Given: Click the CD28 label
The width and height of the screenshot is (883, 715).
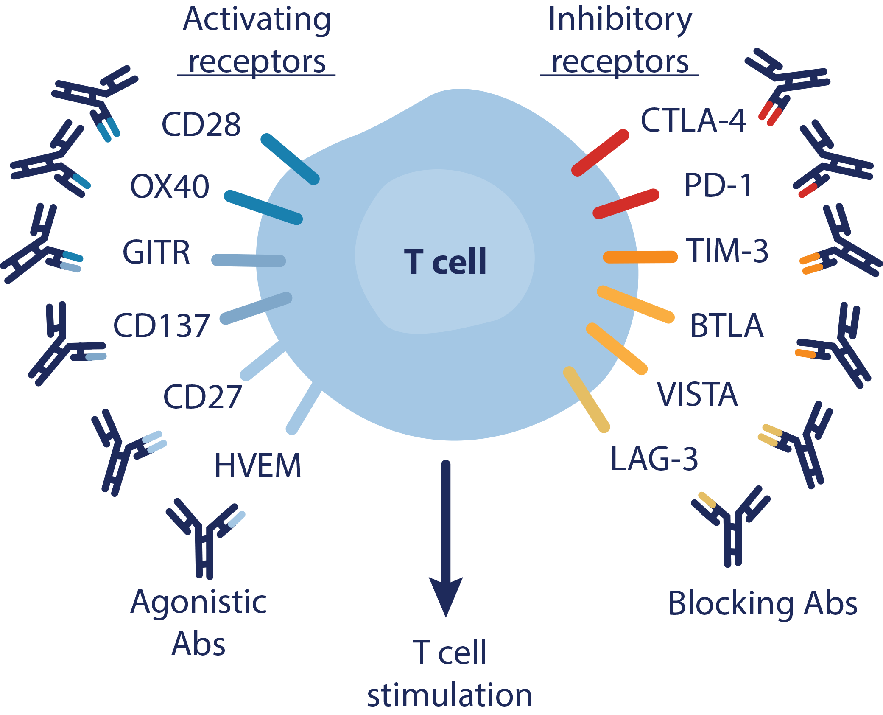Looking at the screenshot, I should click(x=201, y=125).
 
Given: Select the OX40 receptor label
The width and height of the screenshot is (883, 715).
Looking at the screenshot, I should click(x=170, y=187).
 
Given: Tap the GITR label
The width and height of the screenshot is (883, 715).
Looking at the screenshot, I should click(x=156, y=252).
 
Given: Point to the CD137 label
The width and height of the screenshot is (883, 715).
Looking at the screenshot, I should click(x=161, y=326).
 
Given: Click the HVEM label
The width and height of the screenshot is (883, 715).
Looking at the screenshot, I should click(x=258, y=466).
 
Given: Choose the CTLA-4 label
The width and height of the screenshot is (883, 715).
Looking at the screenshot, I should click(x=693, y=121).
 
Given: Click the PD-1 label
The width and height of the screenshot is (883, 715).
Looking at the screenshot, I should click(x=718, y=185).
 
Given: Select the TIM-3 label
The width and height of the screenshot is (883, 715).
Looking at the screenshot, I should click(x=727, y=251).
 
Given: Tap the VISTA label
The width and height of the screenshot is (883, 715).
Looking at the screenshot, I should click(x=697, y=395).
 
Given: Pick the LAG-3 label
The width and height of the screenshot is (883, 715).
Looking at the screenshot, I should click(x=654, y=460).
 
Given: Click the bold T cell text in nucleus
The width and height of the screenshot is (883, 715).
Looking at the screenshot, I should click(x=445, y=262).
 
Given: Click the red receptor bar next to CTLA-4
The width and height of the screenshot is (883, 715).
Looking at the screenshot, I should click(x=600, y=153).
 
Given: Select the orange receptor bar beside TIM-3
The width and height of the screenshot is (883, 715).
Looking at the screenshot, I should click(x=640, y=257).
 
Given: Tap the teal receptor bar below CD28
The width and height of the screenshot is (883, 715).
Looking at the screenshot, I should click(x=290, y=159).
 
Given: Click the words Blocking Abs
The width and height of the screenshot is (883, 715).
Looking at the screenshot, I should click(x=762, y=603).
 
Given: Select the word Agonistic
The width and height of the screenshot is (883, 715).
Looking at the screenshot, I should click(x=198, y=603).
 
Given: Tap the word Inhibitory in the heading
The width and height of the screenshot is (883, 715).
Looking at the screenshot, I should click(x=620, y=20).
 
